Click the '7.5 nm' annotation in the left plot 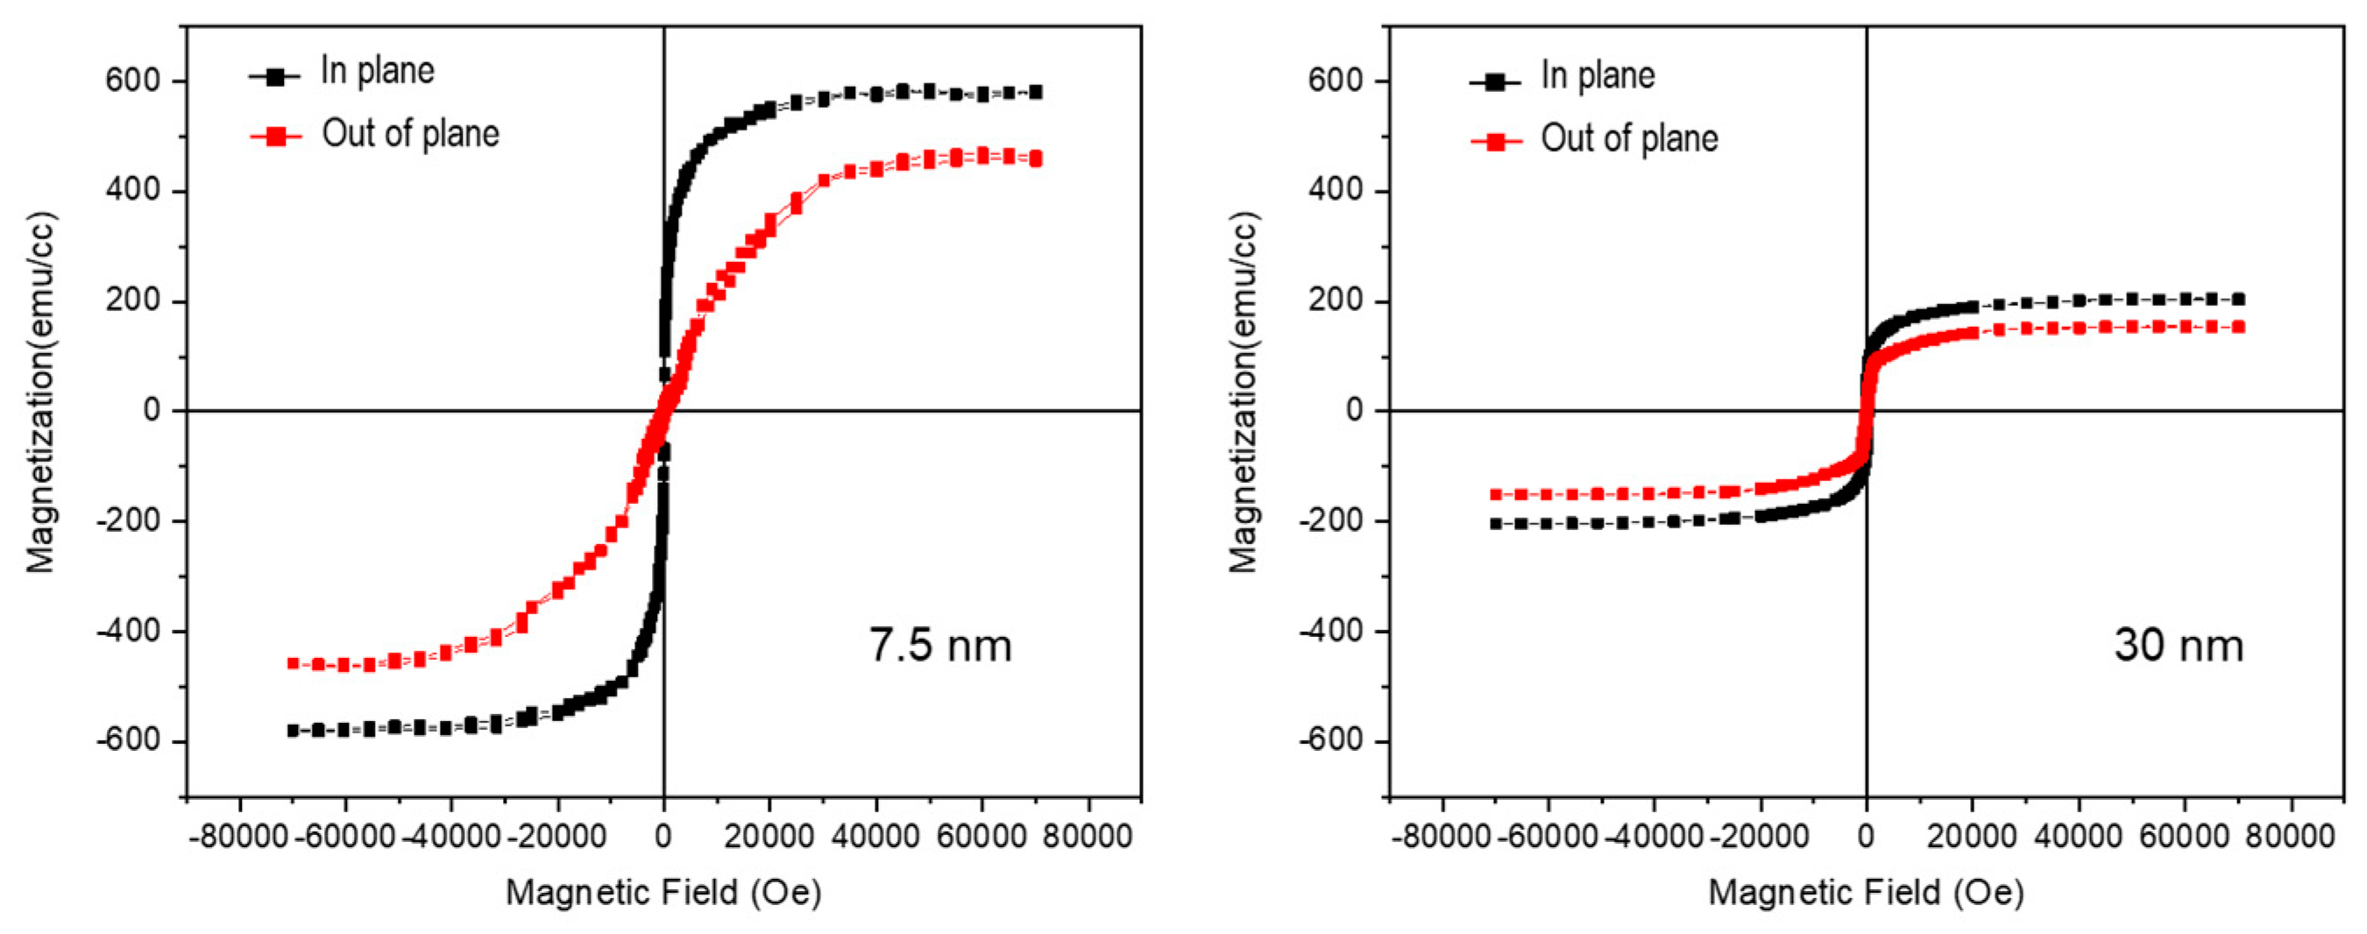coord(940,645)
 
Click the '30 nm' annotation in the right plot coord(2178,645)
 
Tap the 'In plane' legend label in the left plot coord(377,72)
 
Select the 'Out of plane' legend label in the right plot coord(1628,138)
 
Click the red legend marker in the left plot coord(276,137)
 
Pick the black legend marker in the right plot coord(1495,81)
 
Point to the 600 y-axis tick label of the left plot coord(132,81)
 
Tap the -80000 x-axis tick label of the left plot coord(241,837)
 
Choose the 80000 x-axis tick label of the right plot coord(2290,837)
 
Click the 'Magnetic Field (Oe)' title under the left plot coord(663,892)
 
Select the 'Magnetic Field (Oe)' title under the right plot coord(1866,892)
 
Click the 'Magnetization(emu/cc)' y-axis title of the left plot coord(40,393)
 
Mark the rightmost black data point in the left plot coord(1036,92)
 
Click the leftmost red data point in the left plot coord(293,663)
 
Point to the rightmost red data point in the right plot coord(2238,327)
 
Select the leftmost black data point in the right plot coord(1496,523)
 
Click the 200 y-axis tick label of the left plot coord(132,301)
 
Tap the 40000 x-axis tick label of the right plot coord(2078,837)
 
